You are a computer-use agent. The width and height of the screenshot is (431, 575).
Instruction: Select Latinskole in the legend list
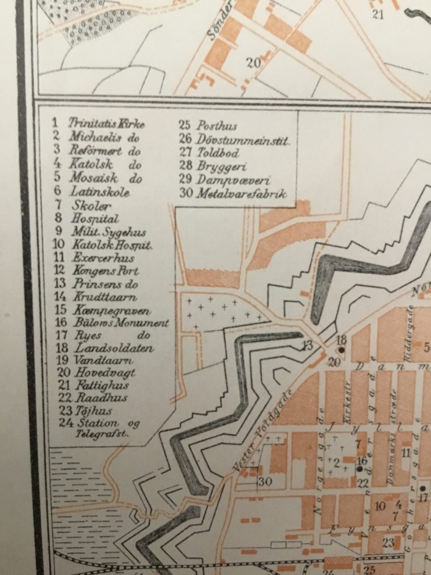100,192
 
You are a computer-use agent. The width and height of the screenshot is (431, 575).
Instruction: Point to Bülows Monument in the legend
119,323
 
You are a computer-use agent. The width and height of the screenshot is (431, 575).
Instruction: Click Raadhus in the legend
102,398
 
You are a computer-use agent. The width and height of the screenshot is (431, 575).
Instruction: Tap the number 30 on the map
265,482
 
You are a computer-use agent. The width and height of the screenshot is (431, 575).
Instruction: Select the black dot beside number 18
342,349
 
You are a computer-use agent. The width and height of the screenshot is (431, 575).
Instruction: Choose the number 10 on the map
380,507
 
